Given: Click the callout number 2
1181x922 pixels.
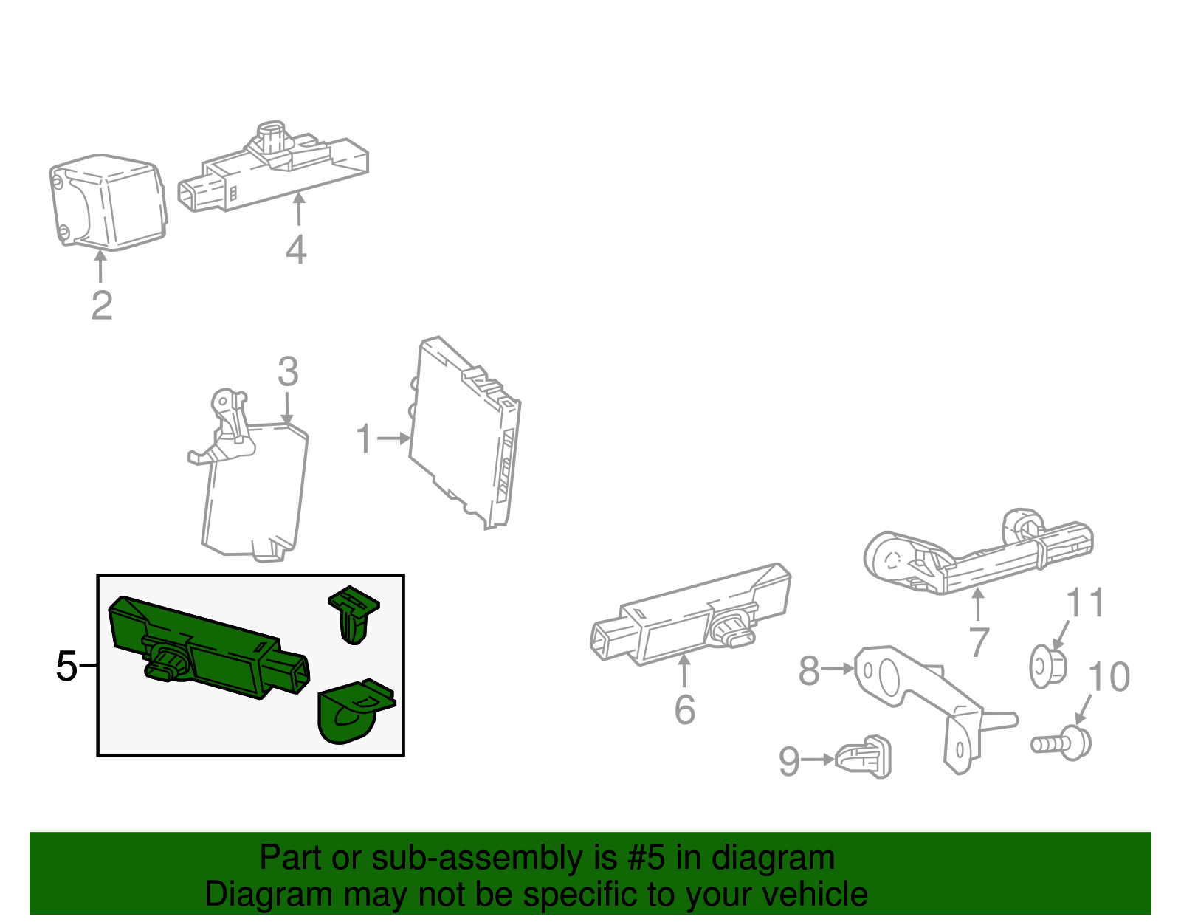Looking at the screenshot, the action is (102, 306).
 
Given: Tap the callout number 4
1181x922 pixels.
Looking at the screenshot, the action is (296, 250).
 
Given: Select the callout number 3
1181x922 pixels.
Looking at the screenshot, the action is (288, 371).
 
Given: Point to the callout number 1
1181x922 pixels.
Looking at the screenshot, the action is (364, 438).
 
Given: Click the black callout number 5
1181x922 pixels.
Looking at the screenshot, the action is (67, 666).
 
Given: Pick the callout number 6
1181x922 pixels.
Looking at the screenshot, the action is (685, 709).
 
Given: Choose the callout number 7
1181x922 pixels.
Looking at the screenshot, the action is (979, 641).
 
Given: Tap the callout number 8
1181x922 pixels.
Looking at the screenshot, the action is (809, 670).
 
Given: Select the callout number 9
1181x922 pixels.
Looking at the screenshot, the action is (789, 761).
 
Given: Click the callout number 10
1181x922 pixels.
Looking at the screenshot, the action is (1109, 676).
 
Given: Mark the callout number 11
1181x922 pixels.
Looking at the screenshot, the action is (1085, 602).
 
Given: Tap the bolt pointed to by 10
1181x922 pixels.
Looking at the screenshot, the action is (1061, 743).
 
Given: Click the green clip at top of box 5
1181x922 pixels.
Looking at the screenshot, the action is (354, 614).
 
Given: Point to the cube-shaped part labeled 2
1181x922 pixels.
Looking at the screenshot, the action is (109, 202).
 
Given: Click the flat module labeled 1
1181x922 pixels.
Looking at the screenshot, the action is (465, 433).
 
